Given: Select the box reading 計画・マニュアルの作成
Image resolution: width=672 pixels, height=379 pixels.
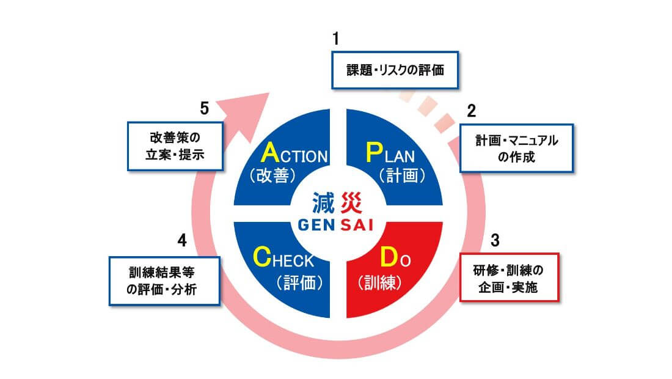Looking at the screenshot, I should pos(516,149).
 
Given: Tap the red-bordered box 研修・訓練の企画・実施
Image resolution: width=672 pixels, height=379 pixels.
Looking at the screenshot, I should pos(508,278).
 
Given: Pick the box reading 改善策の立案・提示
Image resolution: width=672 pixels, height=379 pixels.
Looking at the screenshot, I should pos(175,147).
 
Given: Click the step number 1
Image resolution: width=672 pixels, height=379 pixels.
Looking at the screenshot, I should pos(335,39).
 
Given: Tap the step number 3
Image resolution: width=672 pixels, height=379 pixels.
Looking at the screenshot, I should pos(495,240).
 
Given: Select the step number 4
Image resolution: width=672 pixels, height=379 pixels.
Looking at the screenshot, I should pos(181,240).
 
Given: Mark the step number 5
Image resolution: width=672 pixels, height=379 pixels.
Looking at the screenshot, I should pos(205,108).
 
